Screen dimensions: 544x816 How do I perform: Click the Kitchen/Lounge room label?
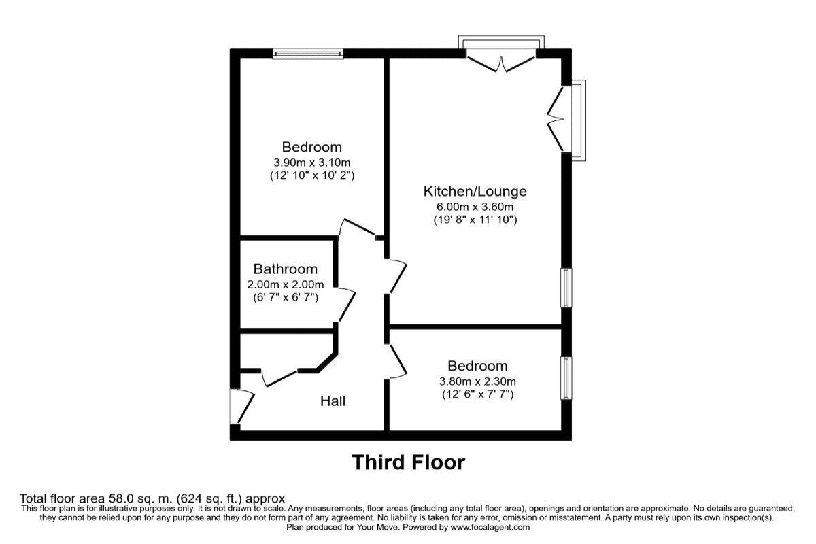[475, 191]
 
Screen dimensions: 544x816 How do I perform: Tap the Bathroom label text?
[286, 269]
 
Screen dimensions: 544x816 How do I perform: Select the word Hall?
[333, 401]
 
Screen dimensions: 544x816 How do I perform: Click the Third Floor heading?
[408, 462]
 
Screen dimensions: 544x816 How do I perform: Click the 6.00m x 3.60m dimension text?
[475, 207]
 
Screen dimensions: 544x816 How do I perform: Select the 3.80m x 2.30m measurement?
[477, 381]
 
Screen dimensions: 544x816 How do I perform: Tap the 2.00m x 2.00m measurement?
[286, 284]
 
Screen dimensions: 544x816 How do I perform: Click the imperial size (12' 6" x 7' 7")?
[477, 394]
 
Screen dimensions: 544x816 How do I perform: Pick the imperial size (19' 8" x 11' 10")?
[475, 220]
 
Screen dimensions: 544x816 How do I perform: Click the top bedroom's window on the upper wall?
[308, 54]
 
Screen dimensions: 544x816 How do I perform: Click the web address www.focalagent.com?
[490, 527]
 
